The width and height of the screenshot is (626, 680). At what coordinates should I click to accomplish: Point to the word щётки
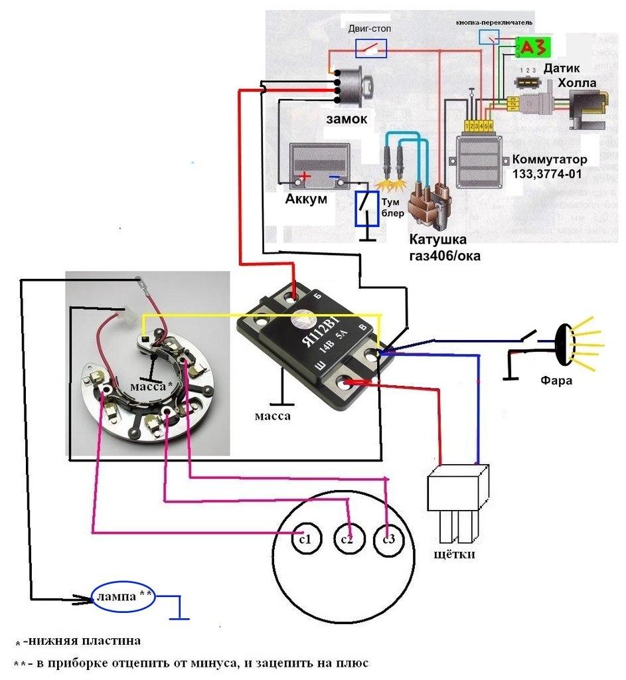(454, 553)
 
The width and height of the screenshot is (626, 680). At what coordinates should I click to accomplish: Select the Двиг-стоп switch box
(370, 47)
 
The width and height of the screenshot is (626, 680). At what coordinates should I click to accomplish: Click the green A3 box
(533, 48)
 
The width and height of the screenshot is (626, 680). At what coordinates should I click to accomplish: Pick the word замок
(346, 118)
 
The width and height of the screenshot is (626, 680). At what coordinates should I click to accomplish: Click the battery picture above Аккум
(319, 163)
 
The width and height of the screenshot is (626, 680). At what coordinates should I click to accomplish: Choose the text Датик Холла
(568, 75)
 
